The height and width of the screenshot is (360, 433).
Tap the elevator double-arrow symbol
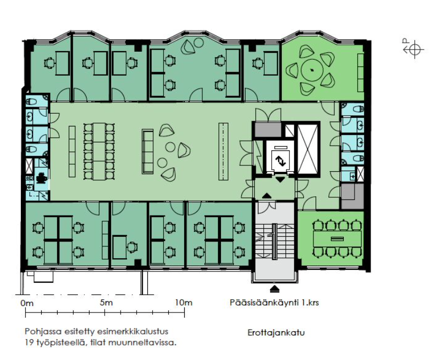(280, 161)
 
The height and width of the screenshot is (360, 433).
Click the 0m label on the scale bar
(27, 303)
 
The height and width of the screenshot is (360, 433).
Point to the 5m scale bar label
(106, 302)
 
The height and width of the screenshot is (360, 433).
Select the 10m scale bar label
(184, 302)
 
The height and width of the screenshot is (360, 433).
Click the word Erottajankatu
(276, 332)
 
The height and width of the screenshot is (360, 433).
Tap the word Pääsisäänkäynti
(264, 303)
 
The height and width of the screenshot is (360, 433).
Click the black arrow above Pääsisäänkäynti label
(274, 289)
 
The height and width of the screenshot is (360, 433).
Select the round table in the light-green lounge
(312, 70)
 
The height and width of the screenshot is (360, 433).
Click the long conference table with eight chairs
(337, 238)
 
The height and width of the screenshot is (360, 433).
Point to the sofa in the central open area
(147, 151)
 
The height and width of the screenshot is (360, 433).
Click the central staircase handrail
(274, 242)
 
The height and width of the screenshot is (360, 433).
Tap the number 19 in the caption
(29, 343)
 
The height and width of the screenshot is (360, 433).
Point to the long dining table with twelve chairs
(99, 151)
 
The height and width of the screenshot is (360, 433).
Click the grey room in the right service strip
(352, 196)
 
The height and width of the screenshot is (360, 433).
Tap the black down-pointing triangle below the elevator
(280, 180)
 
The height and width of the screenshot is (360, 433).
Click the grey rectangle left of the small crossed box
(268, 130)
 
